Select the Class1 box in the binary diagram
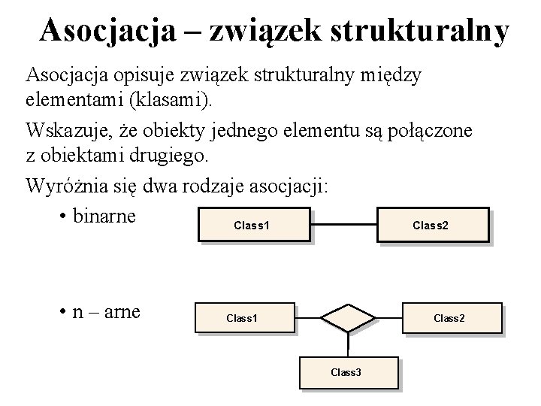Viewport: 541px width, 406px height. coord(253,225)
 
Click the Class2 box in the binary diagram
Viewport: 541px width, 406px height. coord(431,225)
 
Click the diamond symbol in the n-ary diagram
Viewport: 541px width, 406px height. coord(348,318)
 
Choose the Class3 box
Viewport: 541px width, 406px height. coord(346,372)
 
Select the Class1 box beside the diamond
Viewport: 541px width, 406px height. coord(243,318)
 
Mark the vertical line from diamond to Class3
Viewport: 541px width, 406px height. coord(348,344)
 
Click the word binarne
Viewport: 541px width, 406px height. coord(105,216)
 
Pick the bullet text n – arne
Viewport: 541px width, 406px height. coord(105,311)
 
